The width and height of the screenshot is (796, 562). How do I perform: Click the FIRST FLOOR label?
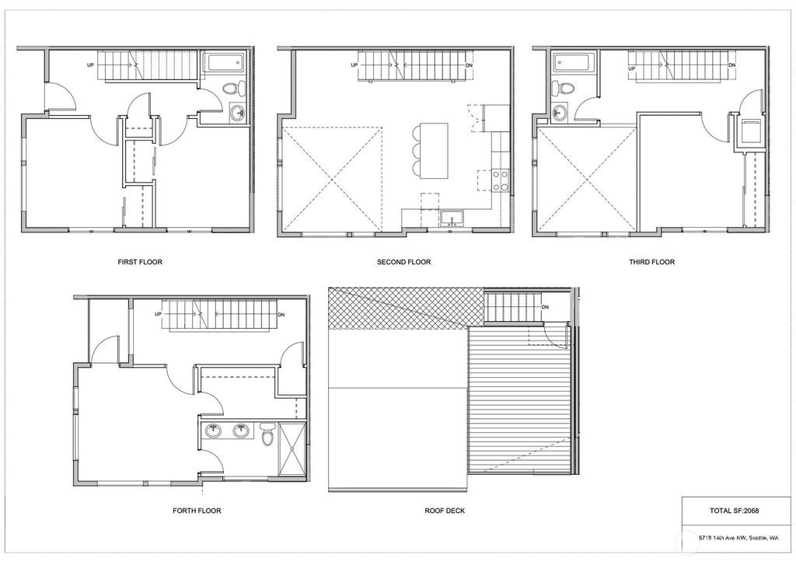coord(140,262)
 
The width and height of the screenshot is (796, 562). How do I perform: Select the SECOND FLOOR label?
coord(403,262)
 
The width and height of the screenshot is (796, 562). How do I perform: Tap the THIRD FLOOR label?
coord(652,262)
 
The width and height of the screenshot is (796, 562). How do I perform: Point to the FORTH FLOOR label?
coord(197,510)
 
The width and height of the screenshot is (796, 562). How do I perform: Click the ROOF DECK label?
coord(445,510)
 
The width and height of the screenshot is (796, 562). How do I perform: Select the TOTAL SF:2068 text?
coord(734,511)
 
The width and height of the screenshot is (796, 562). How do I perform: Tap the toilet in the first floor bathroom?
coord(232,89)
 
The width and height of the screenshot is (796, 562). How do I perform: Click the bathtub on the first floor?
coord(225,64)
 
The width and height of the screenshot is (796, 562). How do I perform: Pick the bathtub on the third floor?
coord(572,63)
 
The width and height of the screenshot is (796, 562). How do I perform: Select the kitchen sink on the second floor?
coord(452,218)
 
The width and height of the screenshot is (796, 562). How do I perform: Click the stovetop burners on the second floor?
coord(501,180)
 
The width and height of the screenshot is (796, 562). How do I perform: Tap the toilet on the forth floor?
coord(267,435)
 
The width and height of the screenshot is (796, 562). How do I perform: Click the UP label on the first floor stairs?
coord(91,65)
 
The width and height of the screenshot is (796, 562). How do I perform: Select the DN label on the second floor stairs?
coord(469,65)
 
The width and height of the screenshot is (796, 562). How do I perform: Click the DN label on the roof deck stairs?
coord(545,307)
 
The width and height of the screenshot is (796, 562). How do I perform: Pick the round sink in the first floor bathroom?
coord(237,112)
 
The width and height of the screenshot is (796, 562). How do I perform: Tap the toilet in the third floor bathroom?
coord(563,87)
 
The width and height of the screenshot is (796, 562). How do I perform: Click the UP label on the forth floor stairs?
coord(159,314)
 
